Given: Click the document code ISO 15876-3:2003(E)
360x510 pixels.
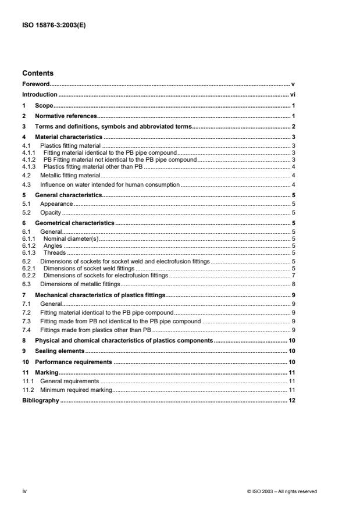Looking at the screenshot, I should [49, 25].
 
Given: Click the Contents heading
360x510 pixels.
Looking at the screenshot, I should [38, 74].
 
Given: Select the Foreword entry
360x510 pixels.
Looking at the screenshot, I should [36, 84].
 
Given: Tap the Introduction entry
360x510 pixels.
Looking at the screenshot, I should [40, 94].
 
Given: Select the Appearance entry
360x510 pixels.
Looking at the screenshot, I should [56, 204].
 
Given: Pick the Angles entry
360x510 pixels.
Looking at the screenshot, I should [53, 245].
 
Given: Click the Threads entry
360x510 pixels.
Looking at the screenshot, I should [55, 252].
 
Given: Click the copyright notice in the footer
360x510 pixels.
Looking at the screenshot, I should [282, 491].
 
